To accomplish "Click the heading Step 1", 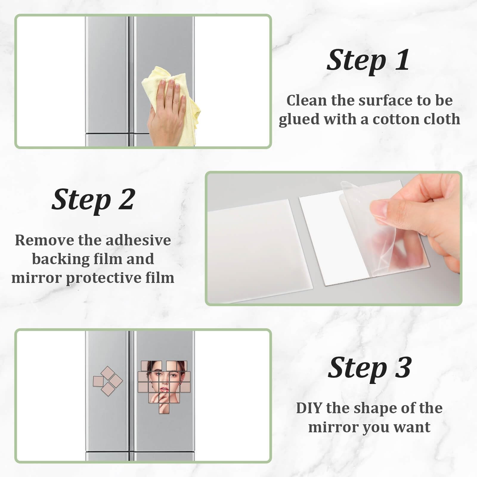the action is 368,60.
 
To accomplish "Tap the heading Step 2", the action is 93,200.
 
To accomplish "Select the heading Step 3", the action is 370,368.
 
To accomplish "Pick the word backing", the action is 61,259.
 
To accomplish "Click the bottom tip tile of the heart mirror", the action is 164,408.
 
